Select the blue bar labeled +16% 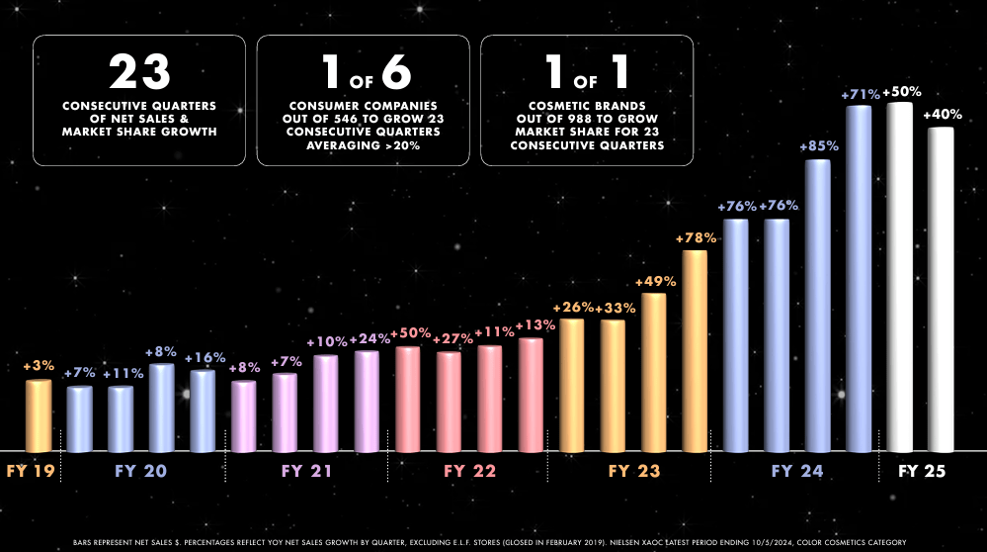tap(203, 411)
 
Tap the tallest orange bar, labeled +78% tap(695, 351)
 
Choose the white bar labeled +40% tap(940, 289)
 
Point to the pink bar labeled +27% tap(449, 402)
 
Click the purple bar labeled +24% tap(367, 401)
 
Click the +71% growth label tap(859, 94)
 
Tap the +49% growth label tap(655, 282)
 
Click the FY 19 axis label tap(29, 472)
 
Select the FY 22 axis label tap(469, 472)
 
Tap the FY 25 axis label tap(922, 472)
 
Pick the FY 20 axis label tap(141, 472)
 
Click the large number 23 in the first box tap(139, 73)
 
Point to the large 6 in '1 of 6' tap(392, 73)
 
